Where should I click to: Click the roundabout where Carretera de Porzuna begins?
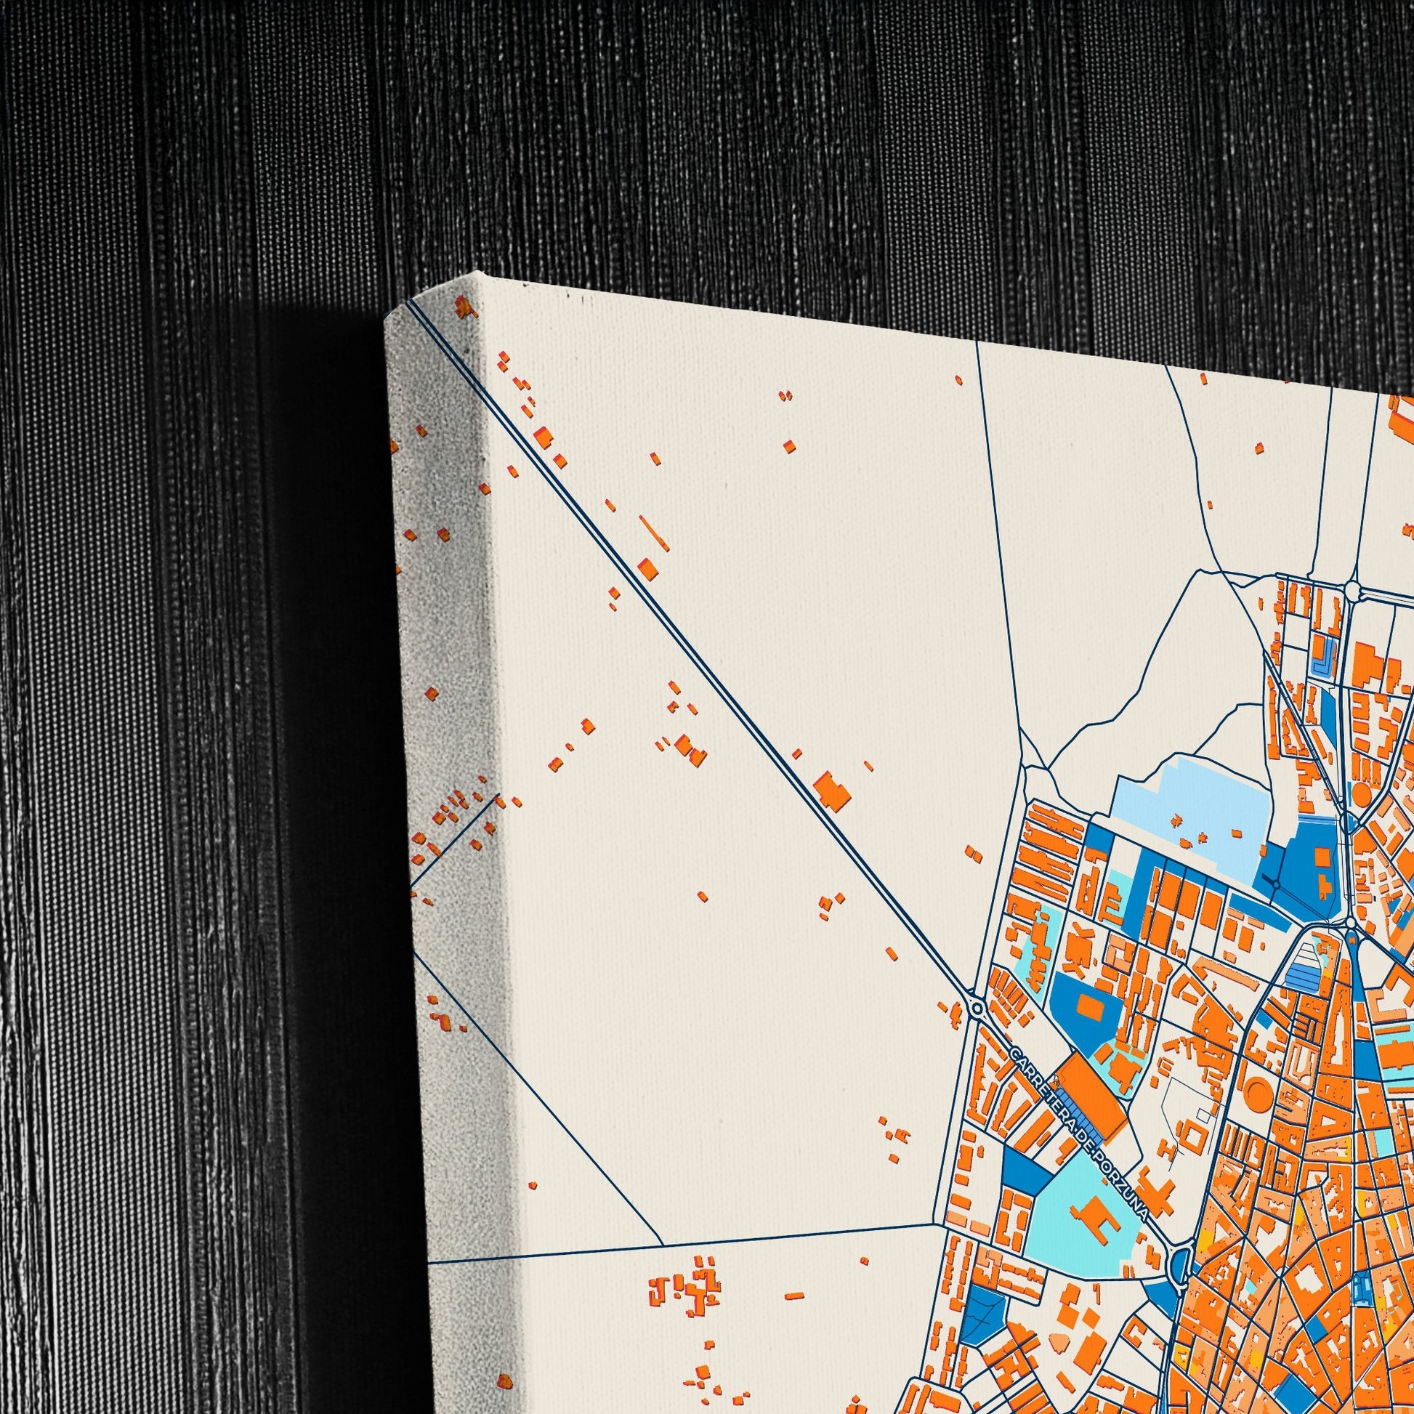coord(977,1009)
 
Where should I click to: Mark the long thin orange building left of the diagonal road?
coord(653,533)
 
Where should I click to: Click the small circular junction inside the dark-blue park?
coord(1275,886)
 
